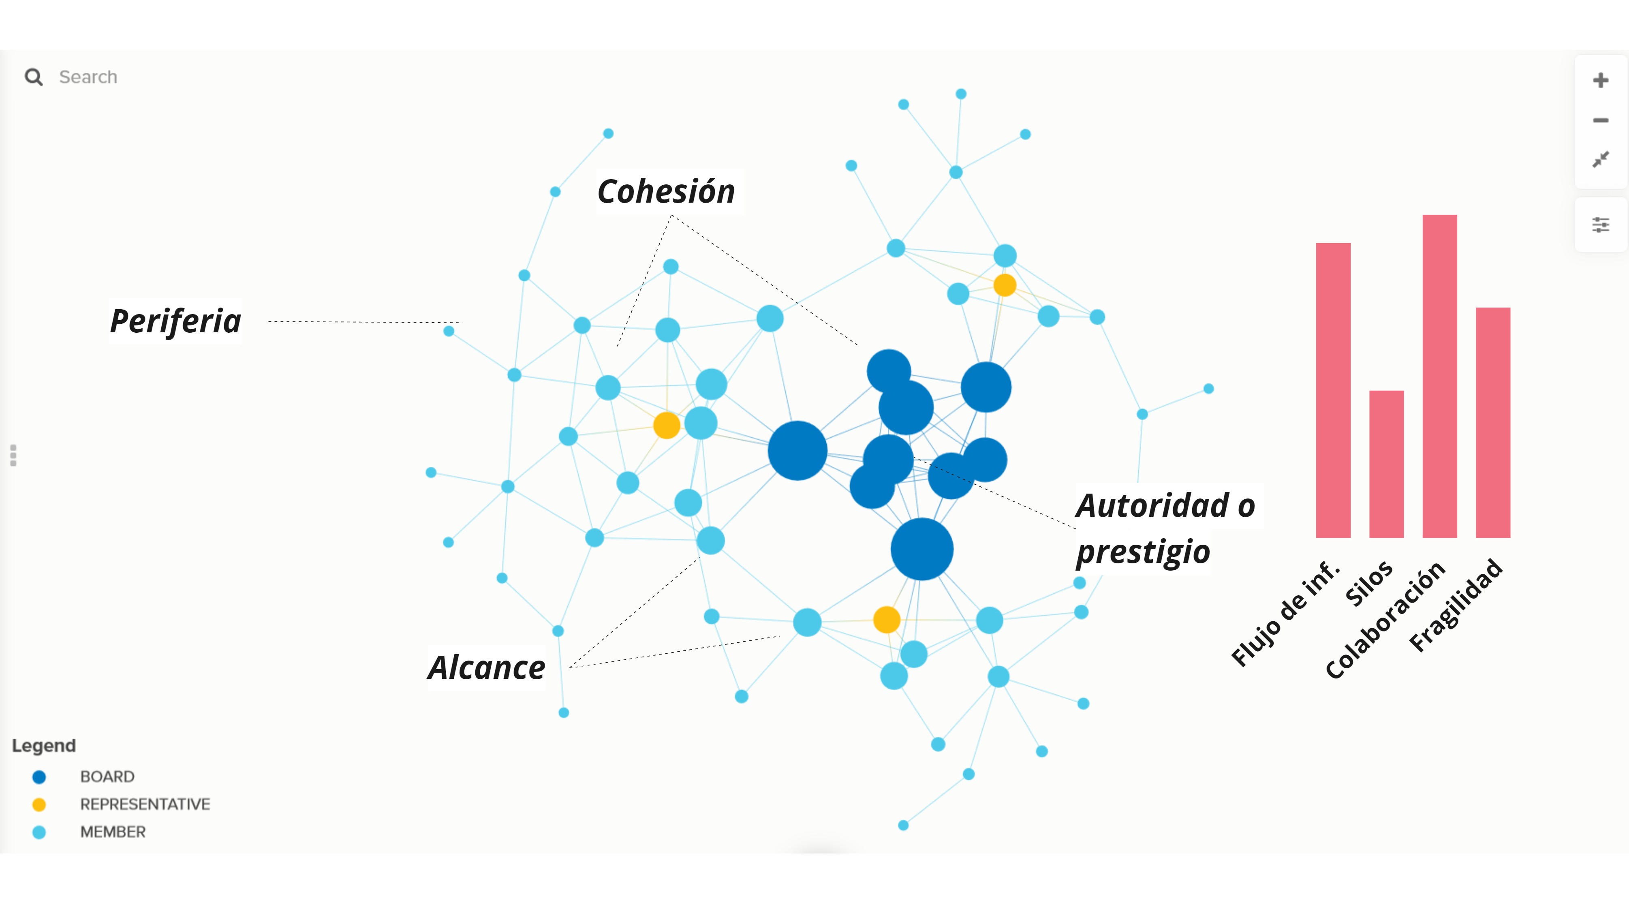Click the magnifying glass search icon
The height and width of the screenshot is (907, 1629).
point(34,77)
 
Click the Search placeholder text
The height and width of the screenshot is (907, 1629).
point(88,77)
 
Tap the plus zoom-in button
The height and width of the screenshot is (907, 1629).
point(1601,80)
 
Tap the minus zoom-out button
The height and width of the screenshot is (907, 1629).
point(1601,120)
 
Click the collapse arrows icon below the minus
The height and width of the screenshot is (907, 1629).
point(1601,159)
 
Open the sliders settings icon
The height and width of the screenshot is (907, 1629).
point(1601,225)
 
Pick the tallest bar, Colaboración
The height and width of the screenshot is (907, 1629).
point(1439,376)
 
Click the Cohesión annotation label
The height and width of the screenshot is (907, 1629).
point(666,192)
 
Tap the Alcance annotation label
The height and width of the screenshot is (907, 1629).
point(486,667)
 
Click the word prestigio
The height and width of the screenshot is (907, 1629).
point(1143,552)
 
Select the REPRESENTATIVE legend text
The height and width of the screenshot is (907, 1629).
point(145,804)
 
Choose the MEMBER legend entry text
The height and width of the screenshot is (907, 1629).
point(113,832)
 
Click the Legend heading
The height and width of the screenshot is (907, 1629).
point(44,746)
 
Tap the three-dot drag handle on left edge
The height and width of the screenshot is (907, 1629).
point(13,456)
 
